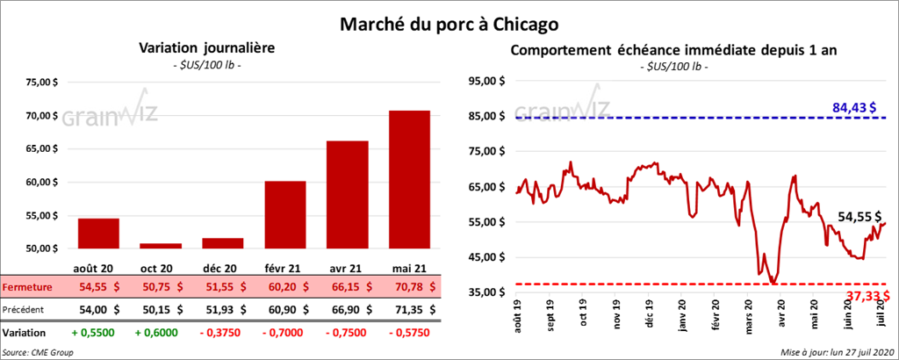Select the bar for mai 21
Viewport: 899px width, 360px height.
pyautogui.click(x=408, y=179)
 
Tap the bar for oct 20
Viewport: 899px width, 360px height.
pyautogui.click(x=161, y=246)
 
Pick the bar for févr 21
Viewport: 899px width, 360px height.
pyautogui.click(x=284, y=214)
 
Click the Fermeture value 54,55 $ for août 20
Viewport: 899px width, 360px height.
pyautogui.click(x=98, y=286)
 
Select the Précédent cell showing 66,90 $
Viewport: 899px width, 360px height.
pyautogui.click(x=346, y=309)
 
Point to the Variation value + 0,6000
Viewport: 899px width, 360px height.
pyautogui.click(x=160, y=333)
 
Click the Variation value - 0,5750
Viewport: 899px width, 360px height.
pyautogui.click(x=407, y=333)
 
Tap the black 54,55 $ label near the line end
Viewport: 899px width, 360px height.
pyautogui.click(x=859, y=215)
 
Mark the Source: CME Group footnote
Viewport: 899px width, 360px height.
pyautogui.click(x=38, y=351)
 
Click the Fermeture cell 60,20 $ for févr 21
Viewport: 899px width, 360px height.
pyautogui.click(x=284, y=286)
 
